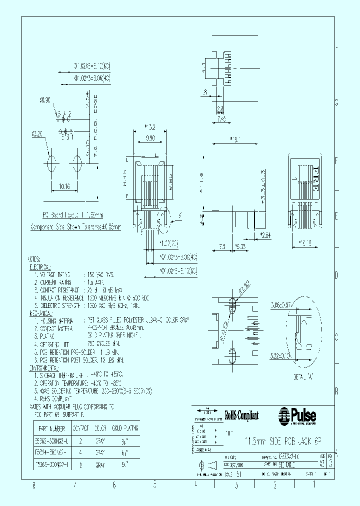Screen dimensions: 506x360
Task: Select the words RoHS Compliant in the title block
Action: (241, 414)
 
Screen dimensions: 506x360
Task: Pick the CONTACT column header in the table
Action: (81, 428)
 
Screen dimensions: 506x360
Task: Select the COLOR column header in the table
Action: (100, 428)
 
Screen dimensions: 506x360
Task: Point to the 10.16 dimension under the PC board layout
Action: (64, 187)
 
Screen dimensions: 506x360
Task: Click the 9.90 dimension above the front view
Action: (149, 138)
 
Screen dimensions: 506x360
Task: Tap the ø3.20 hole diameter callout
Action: (36, 134)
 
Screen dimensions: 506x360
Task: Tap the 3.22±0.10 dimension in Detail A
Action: (281, 356)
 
